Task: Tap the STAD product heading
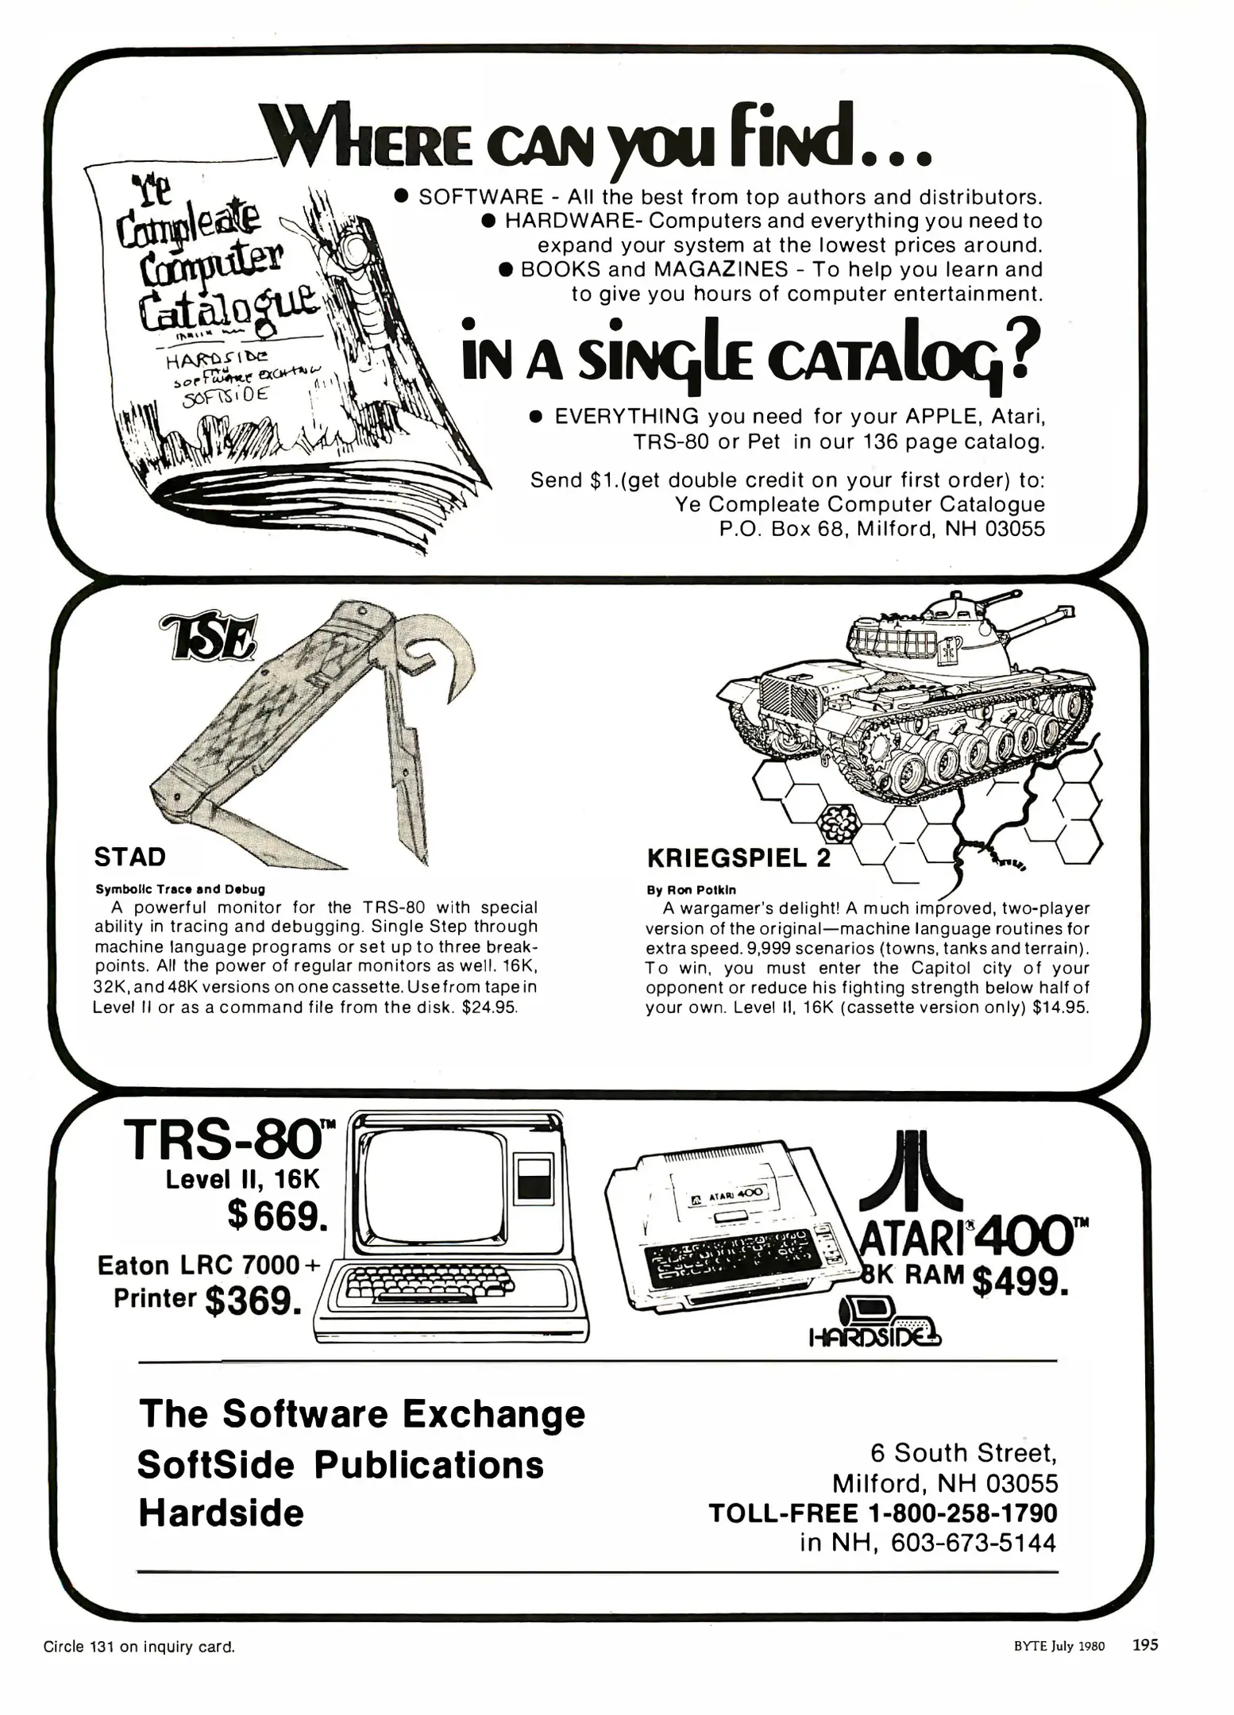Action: click(x=130, y=857)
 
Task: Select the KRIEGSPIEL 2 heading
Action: click(x=738, y=858)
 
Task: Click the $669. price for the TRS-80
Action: click(x=276, y=1215)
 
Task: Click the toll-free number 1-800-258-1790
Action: click(x=963, y=1513)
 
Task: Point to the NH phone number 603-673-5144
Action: click(x=974, y=1543)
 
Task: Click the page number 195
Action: click(x=1145, y=1644)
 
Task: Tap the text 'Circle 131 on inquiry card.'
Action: click(x=140, y=1647)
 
